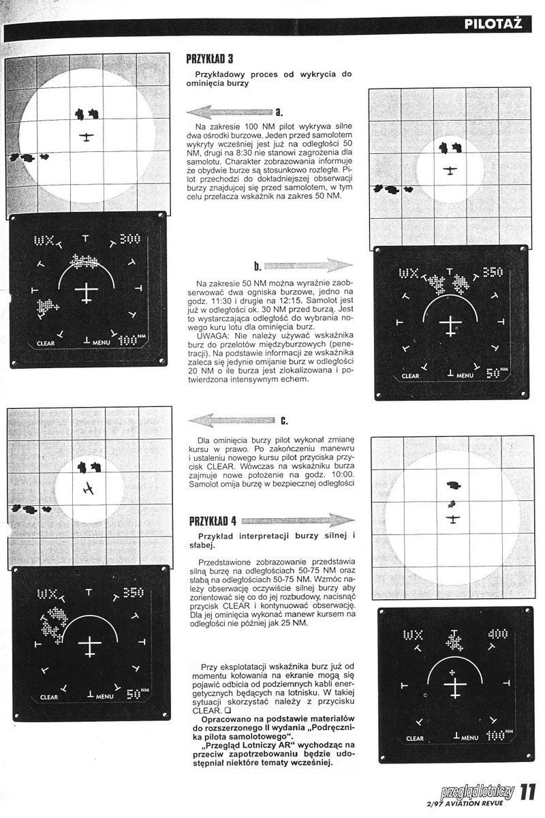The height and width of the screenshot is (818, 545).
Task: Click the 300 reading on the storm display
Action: (129, 239)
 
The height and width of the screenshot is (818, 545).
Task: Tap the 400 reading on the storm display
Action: (498, 634)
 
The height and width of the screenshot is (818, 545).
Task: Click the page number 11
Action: (529, 794)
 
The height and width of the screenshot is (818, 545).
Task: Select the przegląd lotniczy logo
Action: (478, 793)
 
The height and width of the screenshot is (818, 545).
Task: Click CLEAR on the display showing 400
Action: (415, 738)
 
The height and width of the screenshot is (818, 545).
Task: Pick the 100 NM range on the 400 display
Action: (496, 736)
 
